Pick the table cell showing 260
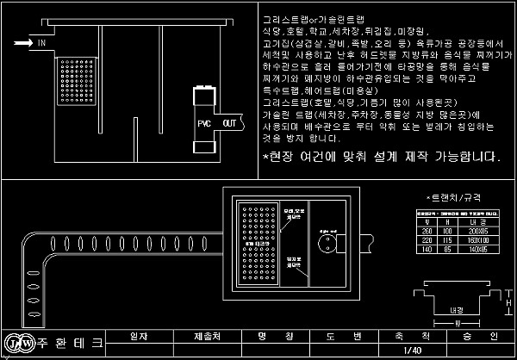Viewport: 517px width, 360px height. click(426, 232)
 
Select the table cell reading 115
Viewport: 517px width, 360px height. click(448, 239)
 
